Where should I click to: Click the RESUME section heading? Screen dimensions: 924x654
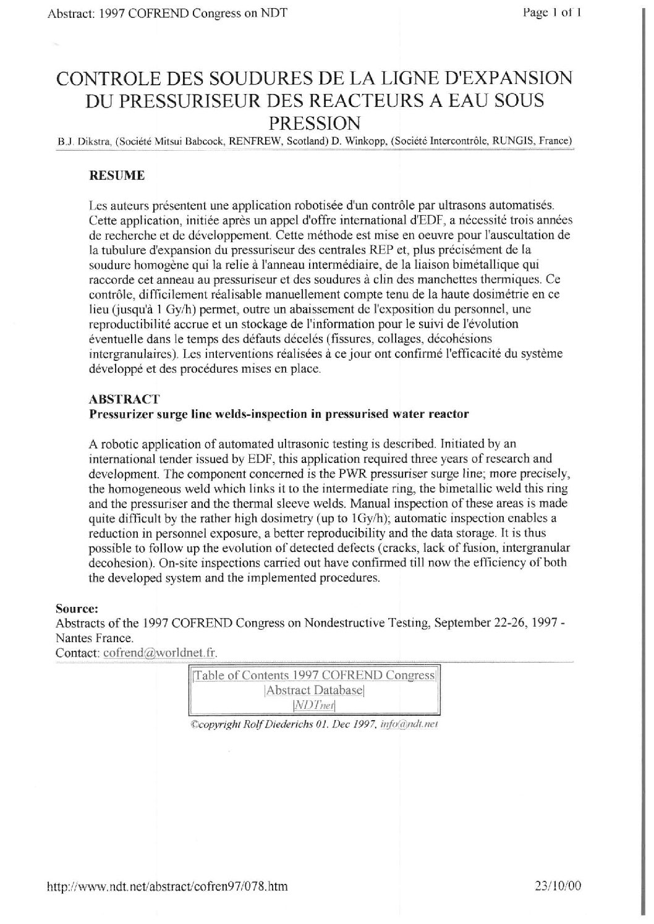click(x=117, y=176)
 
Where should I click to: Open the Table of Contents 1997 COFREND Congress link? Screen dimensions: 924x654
click(x=315, y=676)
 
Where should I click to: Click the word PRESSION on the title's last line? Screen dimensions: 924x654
click(x=315, y=121)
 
